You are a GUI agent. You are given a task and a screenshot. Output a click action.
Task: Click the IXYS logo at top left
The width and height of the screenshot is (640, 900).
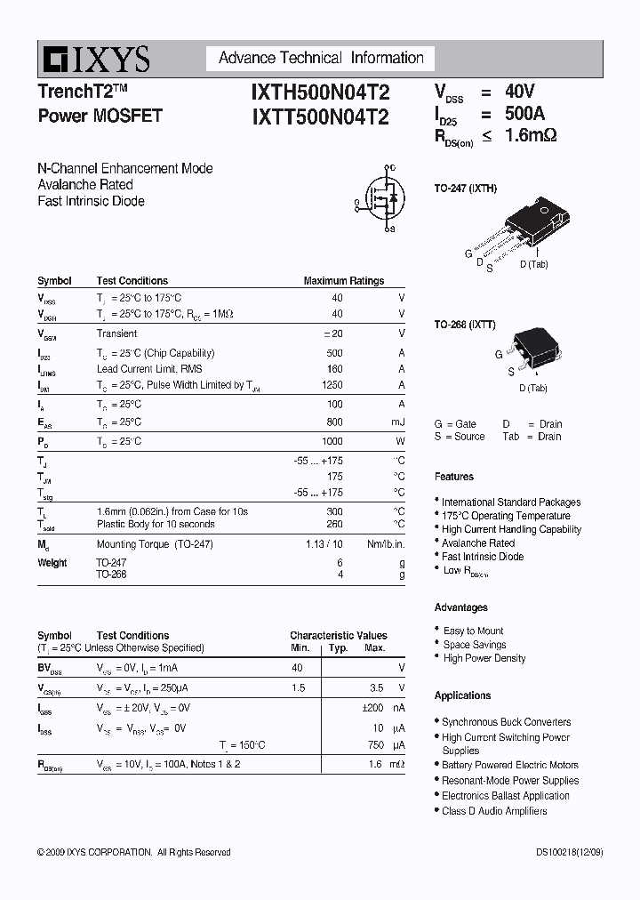(x=93, y=60)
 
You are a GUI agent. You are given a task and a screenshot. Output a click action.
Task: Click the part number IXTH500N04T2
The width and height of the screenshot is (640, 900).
(x=320, y=92)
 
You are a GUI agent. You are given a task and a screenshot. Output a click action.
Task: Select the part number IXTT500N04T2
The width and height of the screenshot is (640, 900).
(x=320, y=117)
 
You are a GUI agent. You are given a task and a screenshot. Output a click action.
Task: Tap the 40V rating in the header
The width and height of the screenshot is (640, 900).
(x=520, y=92)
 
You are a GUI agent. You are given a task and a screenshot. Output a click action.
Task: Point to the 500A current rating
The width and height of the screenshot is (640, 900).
(x=524, y=114)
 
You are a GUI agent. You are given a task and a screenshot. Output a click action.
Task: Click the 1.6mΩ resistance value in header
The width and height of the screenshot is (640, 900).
(x=531, y=136)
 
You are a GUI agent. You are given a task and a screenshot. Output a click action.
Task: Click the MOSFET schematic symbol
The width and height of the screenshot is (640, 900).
(x=378, y=197)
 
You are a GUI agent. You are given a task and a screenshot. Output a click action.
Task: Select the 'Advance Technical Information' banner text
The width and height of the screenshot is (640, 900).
(x=321, y=59)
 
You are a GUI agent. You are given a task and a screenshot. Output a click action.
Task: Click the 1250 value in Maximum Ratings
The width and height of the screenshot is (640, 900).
(x=331, y=385)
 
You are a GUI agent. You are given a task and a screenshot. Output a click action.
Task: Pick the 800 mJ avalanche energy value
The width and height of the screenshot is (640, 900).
(x=333, y=422)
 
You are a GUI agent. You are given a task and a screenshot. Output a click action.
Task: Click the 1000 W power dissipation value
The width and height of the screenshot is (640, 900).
(x=331, y=441)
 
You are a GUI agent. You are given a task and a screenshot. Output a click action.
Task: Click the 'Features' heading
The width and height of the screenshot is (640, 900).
(x=453, y=477)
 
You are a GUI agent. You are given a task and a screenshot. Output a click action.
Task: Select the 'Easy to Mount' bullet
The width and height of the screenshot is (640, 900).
(x=473, y=631)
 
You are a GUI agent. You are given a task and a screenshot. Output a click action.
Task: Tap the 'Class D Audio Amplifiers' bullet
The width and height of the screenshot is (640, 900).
(x=494, y=811)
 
